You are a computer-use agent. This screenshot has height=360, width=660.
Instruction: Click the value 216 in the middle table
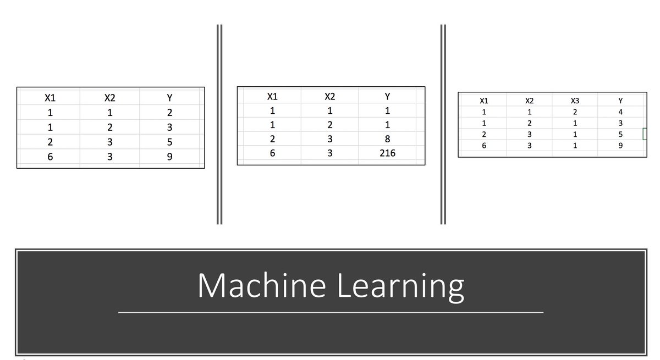pos(387,153)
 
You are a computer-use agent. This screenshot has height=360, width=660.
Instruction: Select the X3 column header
pos(575,101)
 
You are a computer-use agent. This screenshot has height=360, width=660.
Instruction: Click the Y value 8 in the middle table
pos(387,139)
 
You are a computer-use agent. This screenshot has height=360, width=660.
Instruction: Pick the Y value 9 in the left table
pos(169,157)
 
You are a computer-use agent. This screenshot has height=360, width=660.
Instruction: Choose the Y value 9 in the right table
pos(620,146)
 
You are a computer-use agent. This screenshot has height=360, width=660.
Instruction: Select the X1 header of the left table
pos(50,98)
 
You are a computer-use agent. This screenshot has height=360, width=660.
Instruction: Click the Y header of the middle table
pos(387,97)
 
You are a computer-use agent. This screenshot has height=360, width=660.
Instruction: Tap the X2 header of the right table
pos(529,101)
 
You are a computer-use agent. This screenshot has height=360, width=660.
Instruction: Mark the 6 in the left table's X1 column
pos(50,157)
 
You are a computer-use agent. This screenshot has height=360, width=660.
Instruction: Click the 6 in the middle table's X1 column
pos(272,153)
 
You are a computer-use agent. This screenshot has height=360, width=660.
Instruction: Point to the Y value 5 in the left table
pos(169,142)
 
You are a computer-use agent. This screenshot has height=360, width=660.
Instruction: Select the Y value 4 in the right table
pos(620,112)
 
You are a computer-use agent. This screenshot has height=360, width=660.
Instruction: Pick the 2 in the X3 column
pos(575,112)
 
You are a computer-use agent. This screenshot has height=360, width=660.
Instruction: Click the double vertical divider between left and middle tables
pos(219,124)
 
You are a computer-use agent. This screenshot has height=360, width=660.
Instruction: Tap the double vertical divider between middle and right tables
pos(443,124)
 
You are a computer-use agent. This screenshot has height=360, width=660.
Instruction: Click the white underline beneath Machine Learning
pos(331,312)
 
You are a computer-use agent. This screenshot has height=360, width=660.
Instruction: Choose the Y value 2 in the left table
pos(169,113)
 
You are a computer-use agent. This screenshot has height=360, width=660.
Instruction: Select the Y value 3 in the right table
pos(620,123)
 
